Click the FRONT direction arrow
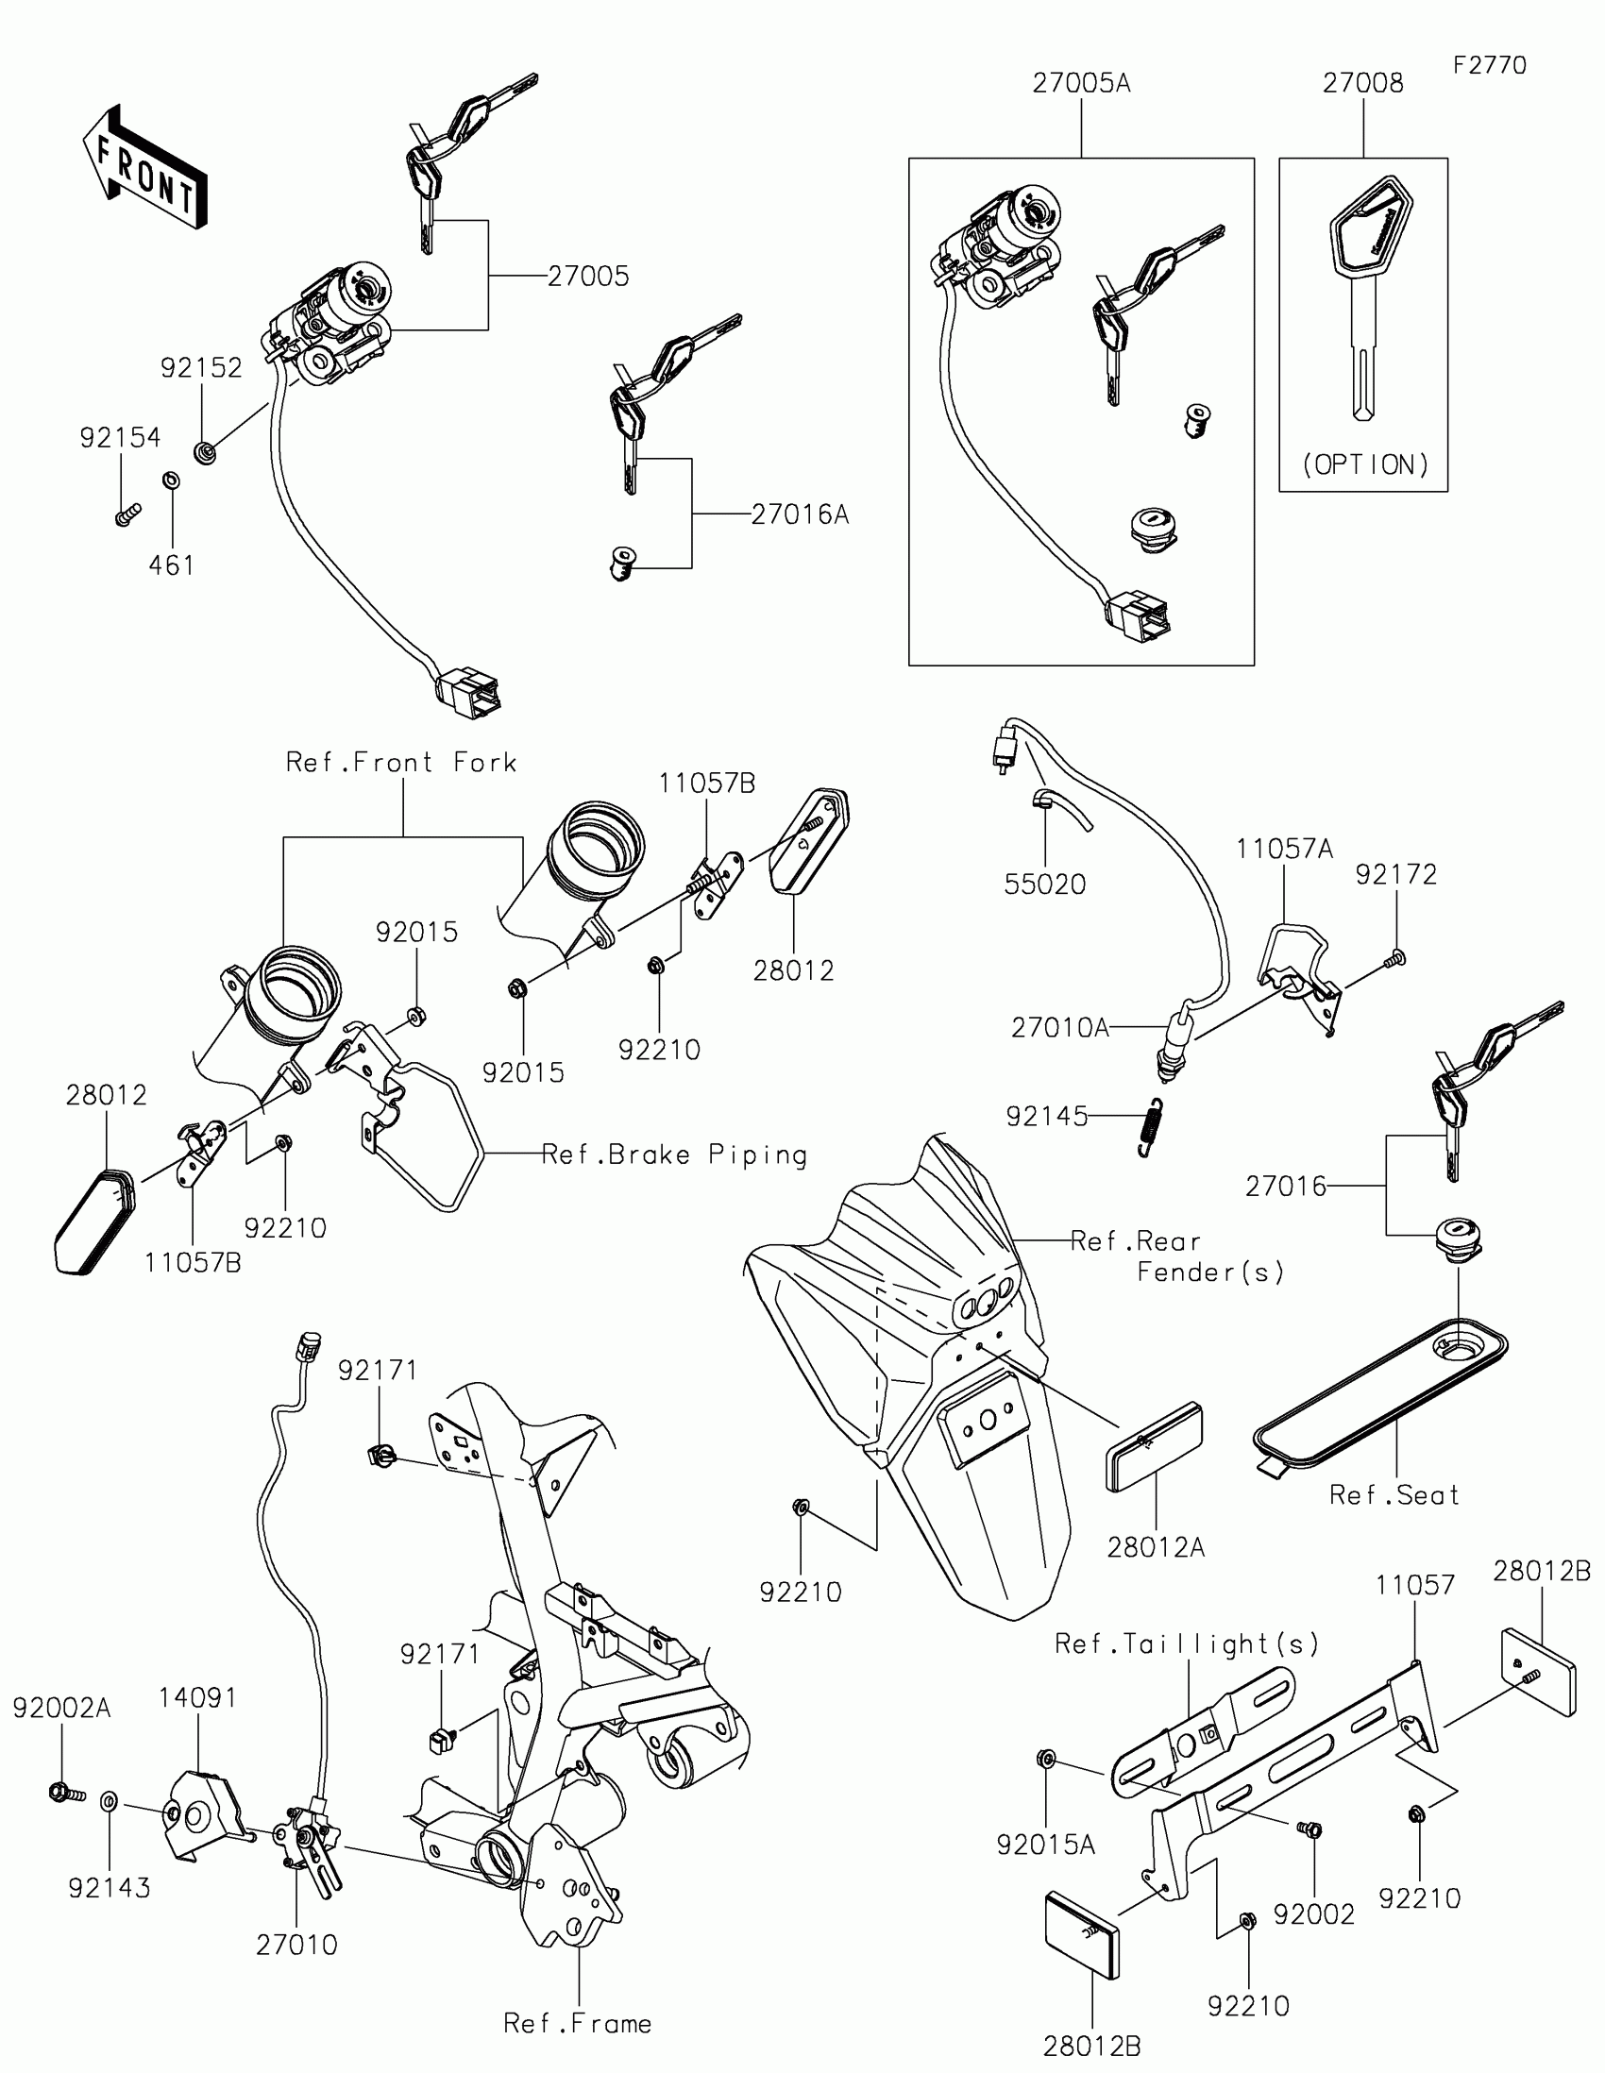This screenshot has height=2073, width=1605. (x=145, y=168)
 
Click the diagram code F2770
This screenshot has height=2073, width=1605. (x=1489, y=65)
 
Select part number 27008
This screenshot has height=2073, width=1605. (x=1363, y=83)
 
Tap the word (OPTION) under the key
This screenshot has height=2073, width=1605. (x=1365, y=464)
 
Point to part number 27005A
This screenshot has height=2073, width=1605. (x=1081, y=83)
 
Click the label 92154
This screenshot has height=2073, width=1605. (x=121, y=438)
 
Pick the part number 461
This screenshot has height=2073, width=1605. (x=172, y=565)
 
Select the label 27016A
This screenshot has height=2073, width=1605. (x=799, y=514)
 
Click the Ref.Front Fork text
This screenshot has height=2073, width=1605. (x=401, y=762)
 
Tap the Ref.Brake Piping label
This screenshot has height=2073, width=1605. (x=675, y=1155)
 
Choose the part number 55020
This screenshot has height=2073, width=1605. (x=1045, y=885)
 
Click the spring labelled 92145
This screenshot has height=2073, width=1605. (x=1150, y=1127)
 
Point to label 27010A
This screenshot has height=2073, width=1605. (x=1060, y=1028)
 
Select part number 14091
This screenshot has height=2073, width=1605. (x=197, y=1697)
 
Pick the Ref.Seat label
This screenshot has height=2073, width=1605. (x=1394, y=1495)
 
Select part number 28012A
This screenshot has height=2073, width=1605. (x=1156, y=1547)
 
